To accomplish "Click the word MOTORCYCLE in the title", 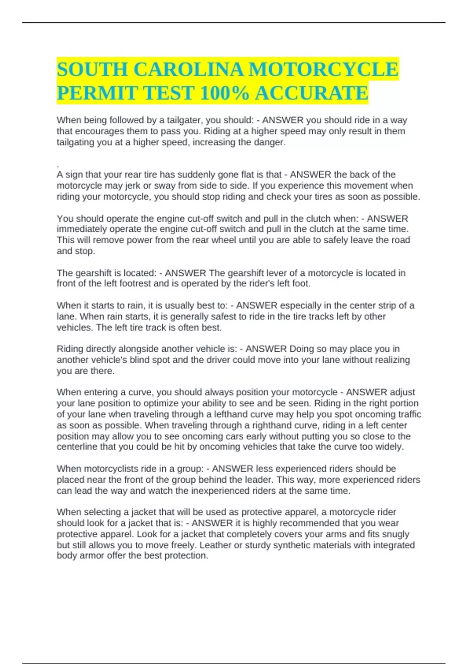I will point(323,70).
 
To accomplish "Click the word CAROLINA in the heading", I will point(189,70).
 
